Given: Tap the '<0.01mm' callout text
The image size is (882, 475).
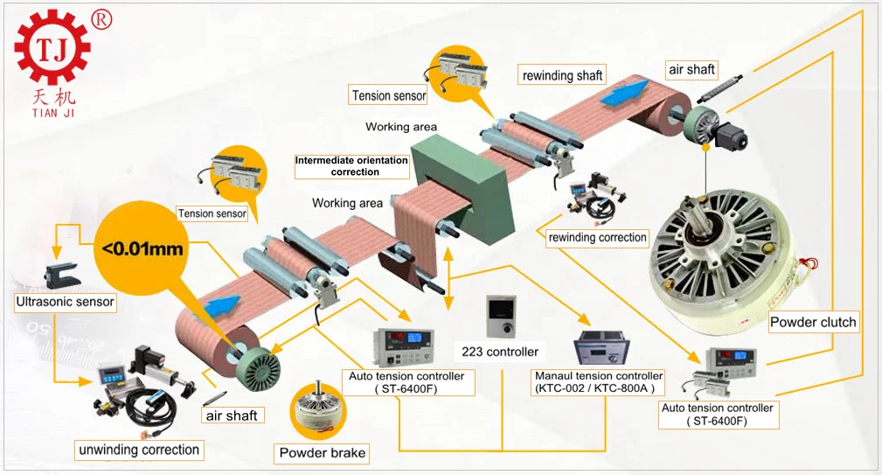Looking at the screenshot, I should coord(142,249).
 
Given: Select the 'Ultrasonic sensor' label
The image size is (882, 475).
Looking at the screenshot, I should coord(66,303).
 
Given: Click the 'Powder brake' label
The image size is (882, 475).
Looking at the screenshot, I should coord(323,453).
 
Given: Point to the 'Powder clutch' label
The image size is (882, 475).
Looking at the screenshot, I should coord(813,322).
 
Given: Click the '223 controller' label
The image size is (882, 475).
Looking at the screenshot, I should coord(500,352).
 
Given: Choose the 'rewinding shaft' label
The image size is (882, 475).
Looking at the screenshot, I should coord(563,75).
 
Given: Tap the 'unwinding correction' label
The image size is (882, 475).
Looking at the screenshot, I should coord(139,451).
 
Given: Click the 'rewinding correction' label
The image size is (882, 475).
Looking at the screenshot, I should coord(598,237).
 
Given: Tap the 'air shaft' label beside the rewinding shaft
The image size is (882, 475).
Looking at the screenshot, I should coord(691,69).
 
